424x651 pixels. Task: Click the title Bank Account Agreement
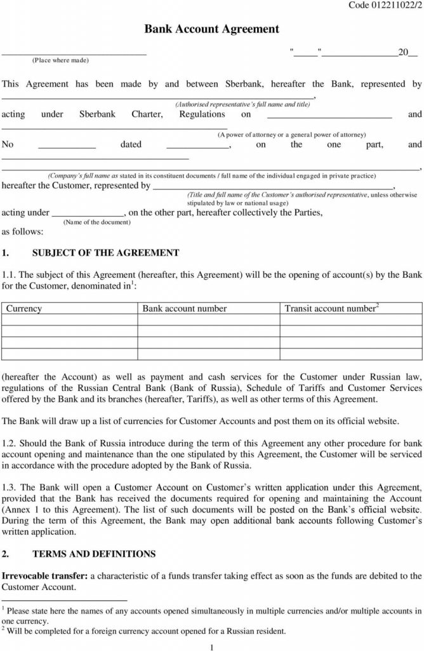click(212, 29)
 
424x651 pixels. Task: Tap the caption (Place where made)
click(61, 60)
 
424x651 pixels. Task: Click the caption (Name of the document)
click(98, 223)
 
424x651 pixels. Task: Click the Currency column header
click(23, 308)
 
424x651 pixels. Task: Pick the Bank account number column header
click(184, 308)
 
